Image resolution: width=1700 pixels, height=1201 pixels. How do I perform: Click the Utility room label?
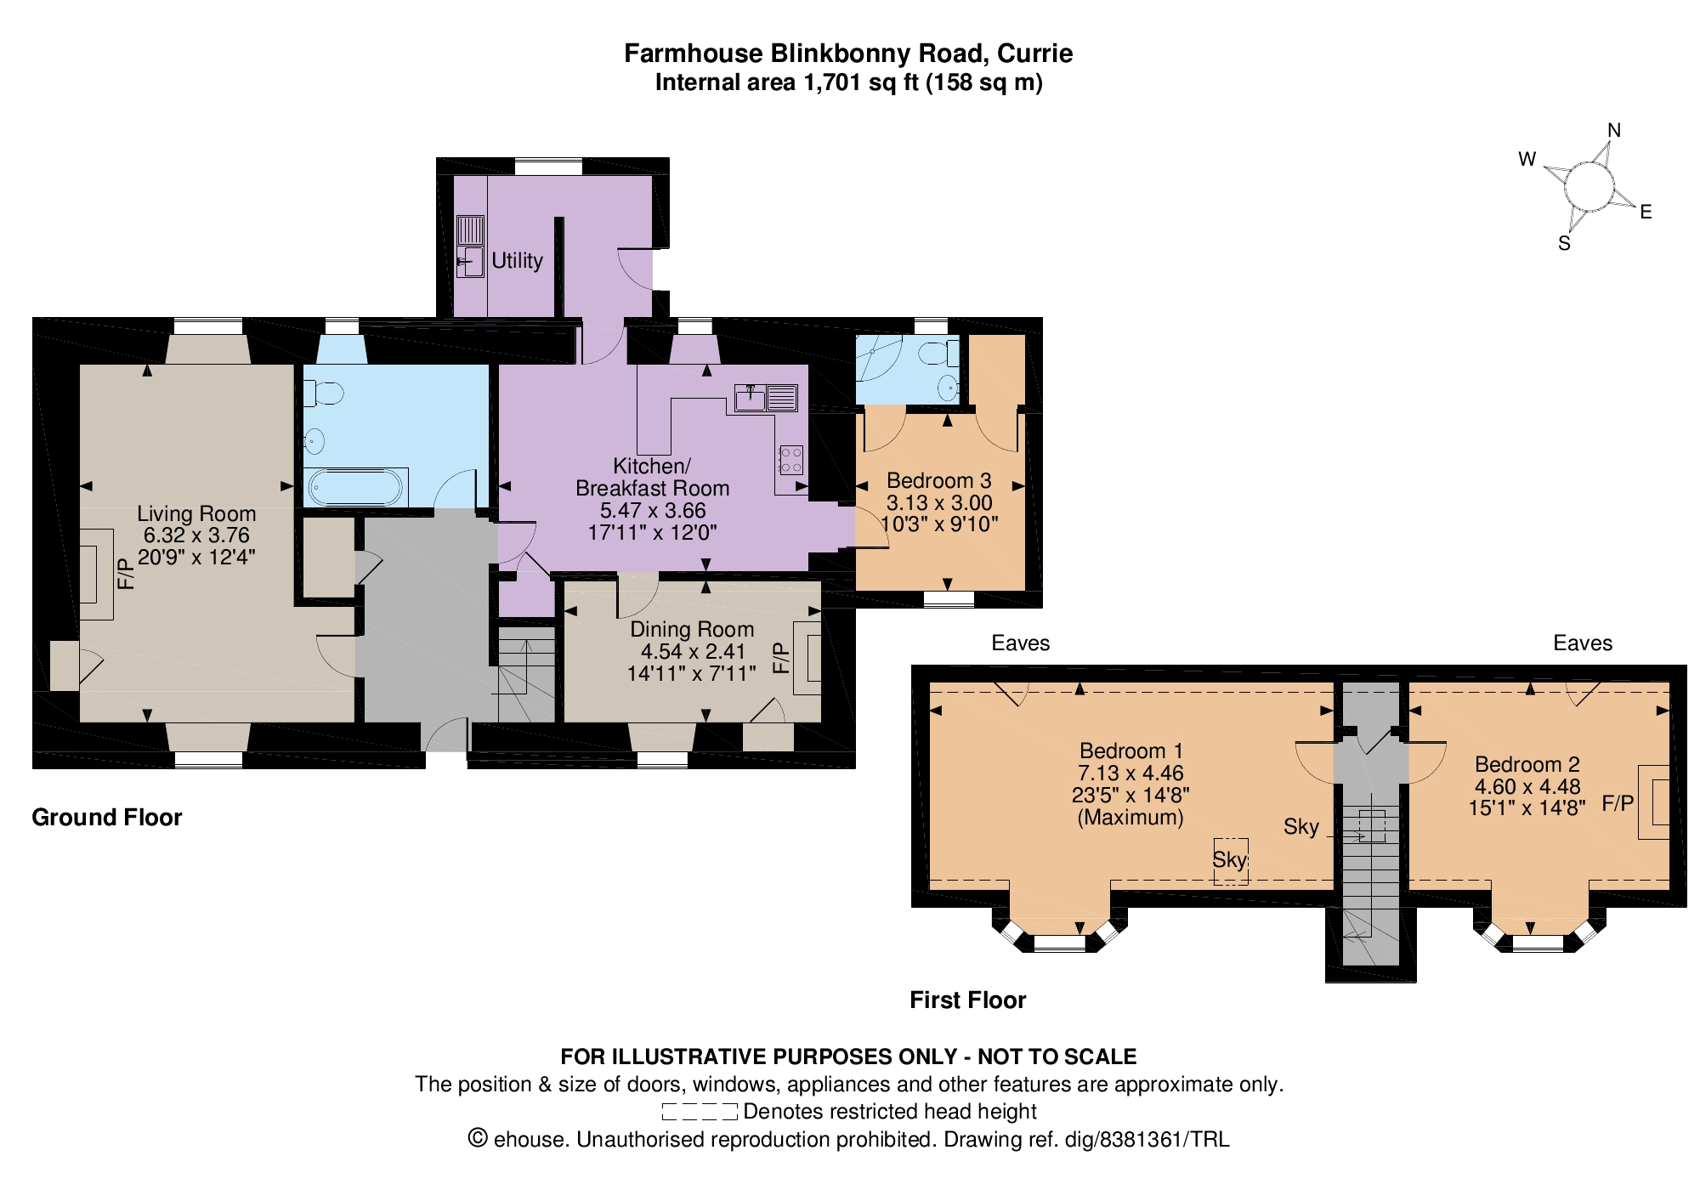(517, 260)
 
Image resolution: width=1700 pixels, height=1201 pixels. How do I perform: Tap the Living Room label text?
(196, 513)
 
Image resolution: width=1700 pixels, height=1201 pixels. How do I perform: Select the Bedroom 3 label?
(939, 480)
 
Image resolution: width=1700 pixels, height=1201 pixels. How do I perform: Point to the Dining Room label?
(692, 629)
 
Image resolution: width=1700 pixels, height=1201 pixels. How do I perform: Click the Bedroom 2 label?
(1527, 764)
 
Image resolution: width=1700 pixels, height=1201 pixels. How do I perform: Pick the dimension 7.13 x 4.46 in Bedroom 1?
(1130, 773)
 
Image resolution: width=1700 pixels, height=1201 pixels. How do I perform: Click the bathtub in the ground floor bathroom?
(356, 488)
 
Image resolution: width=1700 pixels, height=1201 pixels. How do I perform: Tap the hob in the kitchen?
(790, 460)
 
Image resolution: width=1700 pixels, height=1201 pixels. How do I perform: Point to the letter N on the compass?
(1614, 130)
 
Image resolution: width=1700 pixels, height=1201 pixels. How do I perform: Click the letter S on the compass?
(1564, 243)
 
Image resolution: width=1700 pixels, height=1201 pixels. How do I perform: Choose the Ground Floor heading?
(107, 818)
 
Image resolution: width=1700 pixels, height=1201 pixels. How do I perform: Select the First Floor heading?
(968, 1000)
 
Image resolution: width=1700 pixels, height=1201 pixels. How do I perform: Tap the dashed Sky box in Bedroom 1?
(1230, 861)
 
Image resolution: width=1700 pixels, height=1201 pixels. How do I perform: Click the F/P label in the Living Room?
(126, 574)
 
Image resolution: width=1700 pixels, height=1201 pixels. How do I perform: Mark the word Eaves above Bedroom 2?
(1583, 643)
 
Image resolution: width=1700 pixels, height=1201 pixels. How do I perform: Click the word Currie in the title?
(1035, 53)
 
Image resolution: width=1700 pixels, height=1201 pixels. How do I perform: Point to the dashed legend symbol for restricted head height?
(700, 1111)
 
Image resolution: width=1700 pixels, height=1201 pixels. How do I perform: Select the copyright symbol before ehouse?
(479, 1138)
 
